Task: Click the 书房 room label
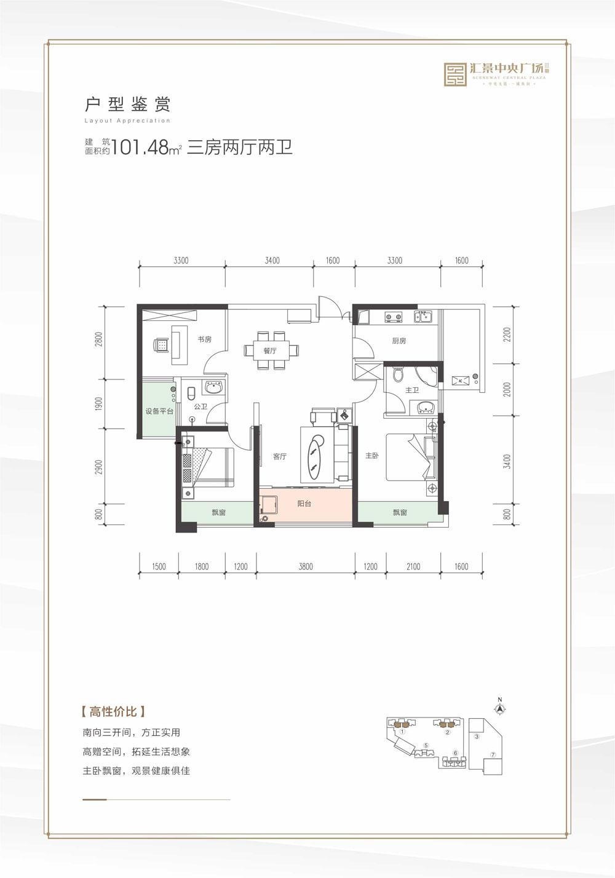205,339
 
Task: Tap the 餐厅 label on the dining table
270,350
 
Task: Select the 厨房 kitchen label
399,341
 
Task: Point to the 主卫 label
412,390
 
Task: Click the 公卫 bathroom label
200,406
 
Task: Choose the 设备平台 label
159,411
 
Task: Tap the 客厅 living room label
280,456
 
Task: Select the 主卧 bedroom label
372,456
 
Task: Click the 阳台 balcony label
304,504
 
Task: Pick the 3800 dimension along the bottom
306,567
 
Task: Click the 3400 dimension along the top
272,261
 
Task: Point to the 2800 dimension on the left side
99,339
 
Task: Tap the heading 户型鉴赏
127,104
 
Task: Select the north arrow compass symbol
500,708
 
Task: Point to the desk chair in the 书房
161,345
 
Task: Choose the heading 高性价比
113,712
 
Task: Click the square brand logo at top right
456,74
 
